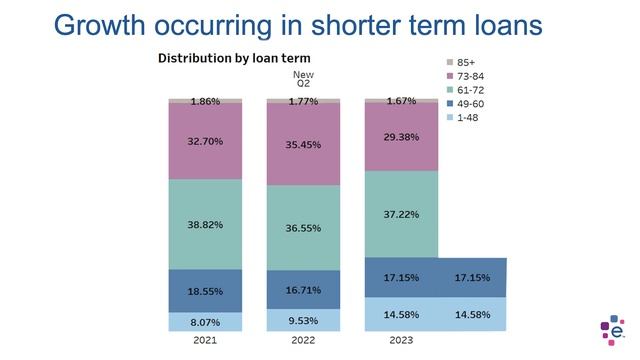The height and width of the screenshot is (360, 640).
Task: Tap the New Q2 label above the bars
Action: point(302,79)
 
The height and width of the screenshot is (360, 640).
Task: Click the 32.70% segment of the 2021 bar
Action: point(205,141)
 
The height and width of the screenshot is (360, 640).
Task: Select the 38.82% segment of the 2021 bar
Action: point(205,225)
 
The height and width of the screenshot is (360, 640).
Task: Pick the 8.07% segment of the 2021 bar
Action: point(205,323)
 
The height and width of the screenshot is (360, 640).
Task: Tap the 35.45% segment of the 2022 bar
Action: point(303,144)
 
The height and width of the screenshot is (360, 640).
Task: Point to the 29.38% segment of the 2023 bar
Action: point(401,137)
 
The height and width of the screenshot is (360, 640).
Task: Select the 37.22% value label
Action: point(401,214)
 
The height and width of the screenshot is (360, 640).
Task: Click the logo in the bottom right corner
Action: point(612,330)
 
